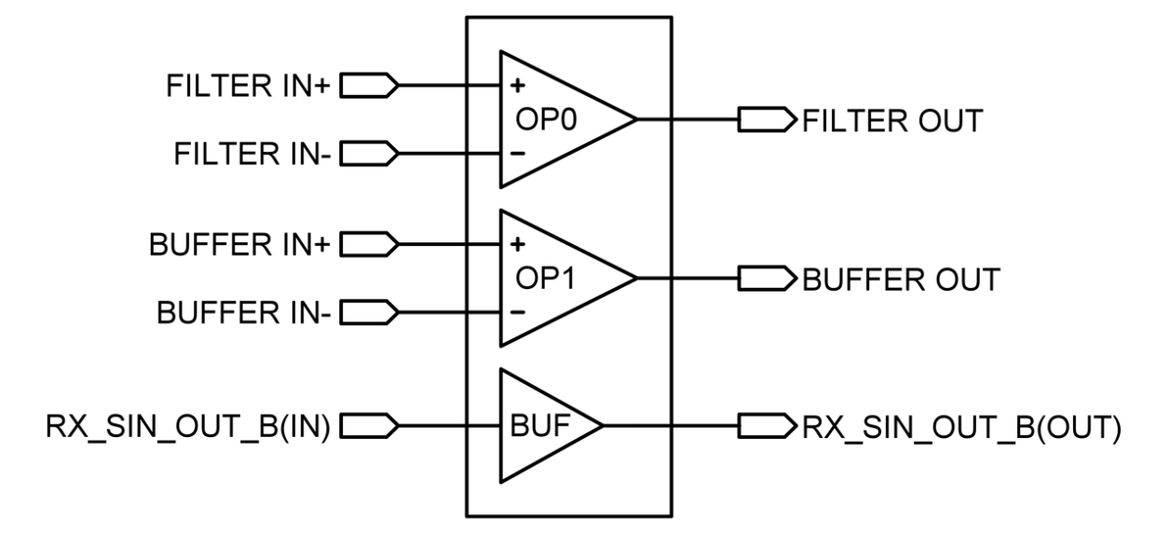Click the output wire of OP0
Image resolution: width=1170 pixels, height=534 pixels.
(x=653, y=119)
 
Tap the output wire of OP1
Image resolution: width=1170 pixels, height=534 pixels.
(x=653, y=278)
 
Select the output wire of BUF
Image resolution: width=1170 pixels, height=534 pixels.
(x=637, y=426)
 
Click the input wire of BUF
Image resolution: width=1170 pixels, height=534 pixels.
(x=483, y=426)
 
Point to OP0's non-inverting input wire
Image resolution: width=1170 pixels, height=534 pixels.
(x=483, y=86)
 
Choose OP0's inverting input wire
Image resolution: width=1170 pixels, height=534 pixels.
(x=483, y=153)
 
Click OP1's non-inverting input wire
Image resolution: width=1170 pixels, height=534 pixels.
(x=483, y=244)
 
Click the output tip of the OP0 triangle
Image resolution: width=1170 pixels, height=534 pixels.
(x=634, y=119)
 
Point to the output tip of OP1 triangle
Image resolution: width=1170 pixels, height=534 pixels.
(x=634, y=278)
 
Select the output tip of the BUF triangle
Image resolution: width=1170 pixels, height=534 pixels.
(x=602, y=426)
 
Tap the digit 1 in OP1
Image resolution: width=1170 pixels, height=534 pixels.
(x=573, y=280)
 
